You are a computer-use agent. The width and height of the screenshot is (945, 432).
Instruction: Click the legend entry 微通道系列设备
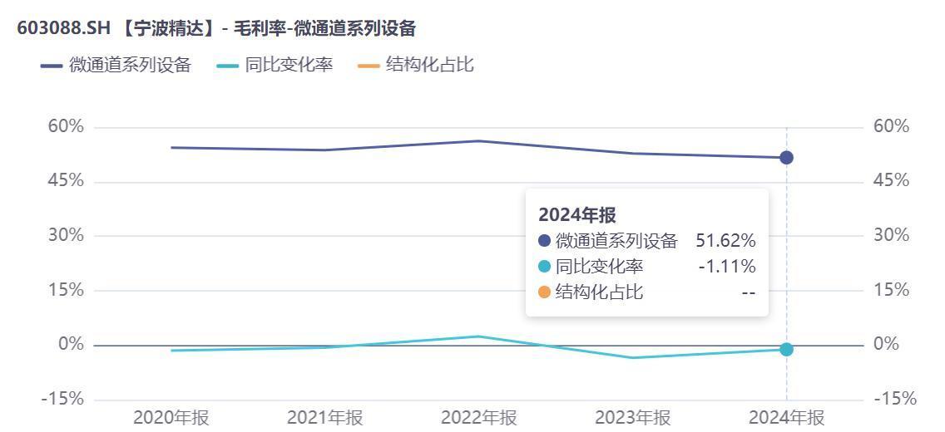[116, 65]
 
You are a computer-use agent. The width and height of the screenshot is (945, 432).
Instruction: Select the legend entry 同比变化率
[275, 65]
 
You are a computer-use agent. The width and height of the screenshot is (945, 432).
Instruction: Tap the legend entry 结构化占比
[416, 65]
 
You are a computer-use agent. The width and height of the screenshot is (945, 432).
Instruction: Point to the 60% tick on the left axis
[66, 126]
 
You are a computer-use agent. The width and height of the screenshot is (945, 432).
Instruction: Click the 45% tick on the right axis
[892, 181]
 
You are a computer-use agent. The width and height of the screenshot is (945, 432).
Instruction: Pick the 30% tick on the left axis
[66, 235]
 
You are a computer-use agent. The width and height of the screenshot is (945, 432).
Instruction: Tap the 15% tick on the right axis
[892, 290]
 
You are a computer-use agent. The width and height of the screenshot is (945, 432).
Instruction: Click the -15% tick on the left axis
[62, 399]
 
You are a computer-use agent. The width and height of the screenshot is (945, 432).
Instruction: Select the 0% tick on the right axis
[887, 344]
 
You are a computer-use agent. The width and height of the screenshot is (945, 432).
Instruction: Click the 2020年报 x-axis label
[171, 417]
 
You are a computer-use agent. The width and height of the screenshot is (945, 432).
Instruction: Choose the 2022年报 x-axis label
[479, 417]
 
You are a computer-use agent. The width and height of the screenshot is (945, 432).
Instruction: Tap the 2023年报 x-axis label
[633, 417]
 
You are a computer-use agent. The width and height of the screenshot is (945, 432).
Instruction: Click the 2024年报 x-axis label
[787, 417]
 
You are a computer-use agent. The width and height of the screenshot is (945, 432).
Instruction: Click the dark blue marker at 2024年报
[786, 158]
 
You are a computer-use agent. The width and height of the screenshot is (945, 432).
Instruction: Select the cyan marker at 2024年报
[786, 350]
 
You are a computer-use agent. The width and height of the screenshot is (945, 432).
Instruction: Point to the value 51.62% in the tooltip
[725, 241]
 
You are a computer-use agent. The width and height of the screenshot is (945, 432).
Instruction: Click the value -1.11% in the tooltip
[727, 267]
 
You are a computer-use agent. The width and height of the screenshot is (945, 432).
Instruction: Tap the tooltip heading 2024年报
[577, 214]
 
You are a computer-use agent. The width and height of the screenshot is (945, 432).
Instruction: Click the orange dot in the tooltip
[545, 292]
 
